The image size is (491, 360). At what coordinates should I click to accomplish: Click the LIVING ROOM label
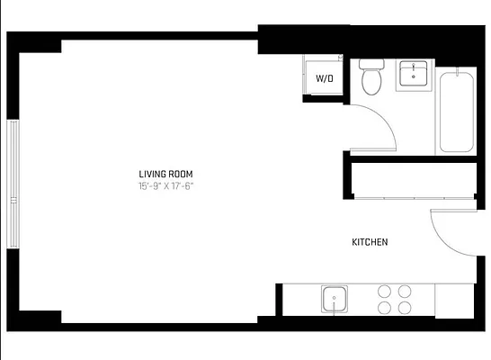coord(165,174)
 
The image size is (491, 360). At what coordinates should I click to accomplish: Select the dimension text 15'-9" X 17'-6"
coord(165,186)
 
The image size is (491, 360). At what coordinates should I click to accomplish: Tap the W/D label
coord(324,78)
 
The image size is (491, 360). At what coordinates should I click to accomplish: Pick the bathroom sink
coord(415,74)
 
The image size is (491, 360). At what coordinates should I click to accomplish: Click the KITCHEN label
coord(369,242)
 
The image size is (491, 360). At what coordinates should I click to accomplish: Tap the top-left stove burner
coord(386,291)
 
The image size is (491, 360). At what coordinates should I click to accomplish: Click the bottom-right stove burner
coord(405,308)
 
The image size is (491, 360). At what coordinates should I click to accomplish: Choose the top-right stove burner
coord(405,291)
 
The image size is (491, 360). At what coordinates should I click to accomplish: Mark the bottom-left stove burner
coord(386,308)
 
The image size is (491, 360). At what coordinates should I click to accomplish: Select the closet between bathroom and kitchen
coord(412,180)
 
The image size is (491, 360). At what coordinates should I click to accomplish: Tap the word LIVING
coord(153,174)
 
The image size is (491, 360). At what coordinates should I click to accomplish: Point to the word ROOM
coord(182,174)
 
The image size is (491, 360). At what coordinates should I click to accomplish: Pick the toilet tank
coord(371,65)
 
